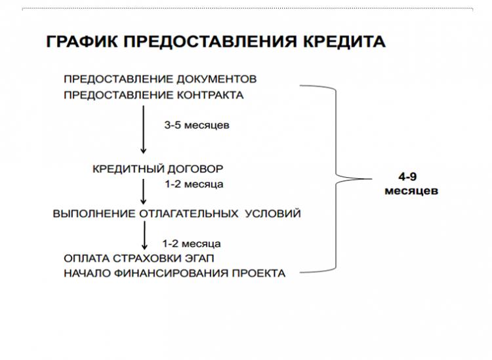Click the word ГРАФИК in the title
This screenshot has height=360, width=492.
pyautogui.click(x=81, y=41)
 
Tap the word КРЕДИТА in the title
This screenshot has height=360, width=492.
pyautogui.click(x=344, y=41)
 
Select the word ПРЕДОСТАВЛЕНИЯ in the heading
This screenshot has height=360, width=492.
pyautogui.click(x=210, y=41)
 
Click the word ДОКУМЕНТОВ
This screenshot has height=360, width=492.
pyautogui.click(x=216, y=79)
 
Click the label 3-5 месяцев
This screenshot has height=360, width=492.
pyautogui.click(x=197, y=125)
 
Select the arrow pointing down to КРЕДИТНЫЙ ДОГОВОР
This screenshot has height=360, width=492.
pyautogui.click(x=144, y=130)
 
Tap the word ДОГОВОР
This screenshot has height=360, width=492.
pyautogui.click(x=195, y=169)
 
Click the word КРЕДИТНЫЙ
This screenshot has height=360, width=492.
pyautogui.click(x=128, y=169)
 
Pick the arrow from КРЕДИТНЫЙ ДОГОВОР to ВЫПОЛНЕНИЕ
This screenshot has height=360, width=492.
pyautogui.click(x=144, y=191)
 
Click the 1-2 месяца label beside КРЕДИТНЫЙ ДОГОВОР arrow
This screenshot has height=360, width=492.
pyautogui.click(x=194, y=184)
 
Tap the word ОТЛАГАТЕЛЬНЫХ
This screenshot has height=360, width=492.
pyautogui.click(x=188, y=214)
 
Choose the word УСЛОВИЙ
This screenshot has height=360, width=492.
pyautogui.click(x=273, y=214)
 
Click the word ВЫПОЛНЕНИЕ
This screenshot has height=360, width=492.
pyautogui.click(x=94, y=214)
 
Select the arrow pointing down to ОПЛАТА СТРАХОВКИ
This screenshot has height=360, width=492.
pyautogui.click(x=144, y=235)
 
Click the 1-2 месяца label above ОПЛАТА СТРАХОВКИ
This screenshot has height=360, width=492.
pyautogui.click(x=192, y=244)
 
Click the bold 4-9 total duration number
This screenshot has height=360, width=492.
pyautogui.click(x=407, y=177)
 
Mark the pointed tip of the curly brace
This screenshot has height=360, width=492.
pyautogui.click(x=371, y=179)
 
